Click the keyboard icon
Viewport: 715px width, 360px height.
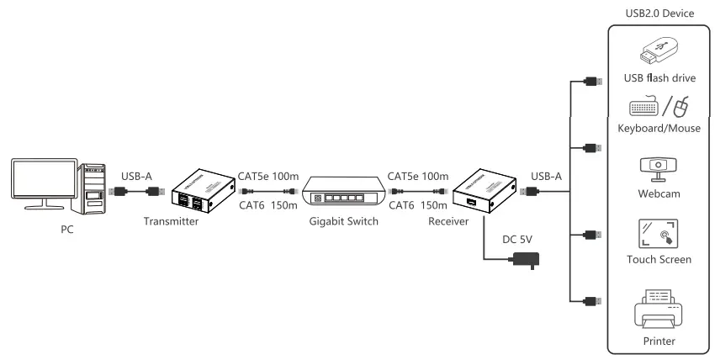tap(643, 109)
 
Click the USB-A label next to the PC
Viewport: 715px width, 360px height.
tap(136, 177)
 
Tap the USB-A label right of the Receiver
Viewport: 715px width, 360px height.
tap(545, 177)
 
